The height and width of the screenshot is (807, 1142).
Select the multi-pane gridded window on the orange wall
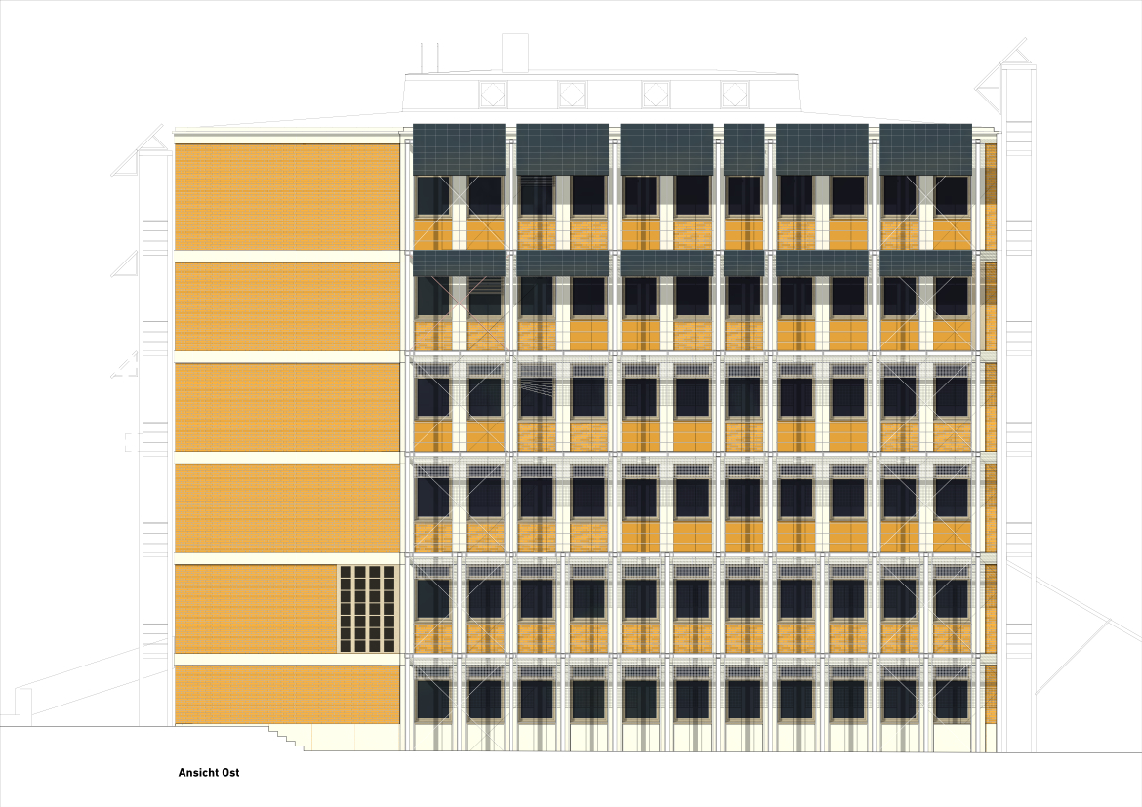(367, 609)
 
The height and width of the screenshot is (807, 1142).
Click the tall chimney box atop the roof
(515, 53)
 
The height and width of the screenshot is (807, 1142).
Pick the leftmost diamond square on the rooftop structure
(492, 94)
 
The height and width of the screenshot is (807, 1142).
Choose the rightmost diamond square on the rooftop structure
(734, 94)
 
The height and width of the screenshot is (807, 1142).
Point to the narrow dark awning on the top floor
(744, 149)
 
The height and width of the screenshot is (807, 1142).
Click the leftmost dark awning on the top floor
(459, 149)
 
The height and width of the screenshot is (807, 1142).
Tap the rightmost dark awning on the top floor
(925, 149)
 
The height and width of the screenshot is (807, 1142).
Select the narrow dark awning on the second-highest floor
(744, 263)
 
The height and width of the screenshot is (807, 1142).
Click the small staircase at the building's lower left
(287, 738)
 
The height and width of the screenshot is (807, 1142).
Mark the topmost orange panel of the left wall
(287, 197)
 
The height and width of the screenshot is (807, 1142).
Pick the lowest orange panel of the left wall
(287, 695)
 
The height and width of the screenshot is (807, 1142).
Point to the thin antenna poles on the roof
(429, 58)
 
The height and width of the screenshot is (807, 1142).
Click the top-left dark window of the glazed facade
(433, 195)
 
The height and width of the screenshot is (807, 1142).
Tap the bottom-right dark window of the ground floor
(952, 700)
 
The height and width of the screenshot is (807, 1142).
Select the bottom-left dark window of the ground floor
(433, 700)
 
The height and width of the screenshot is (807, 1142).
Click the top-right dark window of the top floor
(952, 195)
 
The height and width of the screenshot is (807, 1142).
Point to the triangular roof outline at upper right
(1005, 73)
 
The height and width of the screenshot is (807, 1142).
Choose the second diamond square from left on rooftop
(572, 94)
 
